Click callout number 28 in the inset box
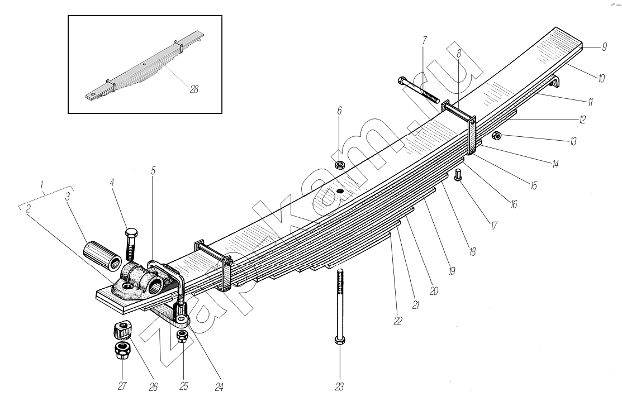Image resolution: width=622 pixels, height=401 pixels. (x=194, y=88)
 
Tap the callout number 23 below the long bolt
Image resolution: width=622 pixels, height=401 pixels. (x=339, y=386)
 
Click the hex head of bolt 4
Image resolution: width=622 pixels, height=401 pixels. (x=131, y=233)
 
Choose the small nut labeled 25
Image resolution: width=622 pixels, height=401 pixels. (x=181, y=335)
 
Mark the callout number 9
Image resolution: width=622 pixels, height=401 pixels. (x=604, y=47)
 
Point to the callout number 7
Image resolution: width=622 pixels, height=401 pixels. (x=425, y=41)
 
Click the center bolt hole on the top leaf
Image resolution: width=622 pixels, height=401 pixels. (x=339, y=191)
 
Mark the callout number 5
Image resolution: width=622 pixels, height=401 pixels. (x=153, y=171)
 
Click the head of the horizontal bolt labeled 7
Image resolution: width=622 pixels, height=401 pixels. (x=401, y=81)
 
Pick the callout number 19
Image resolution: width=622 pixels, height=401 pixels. (x=452, y=272)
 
